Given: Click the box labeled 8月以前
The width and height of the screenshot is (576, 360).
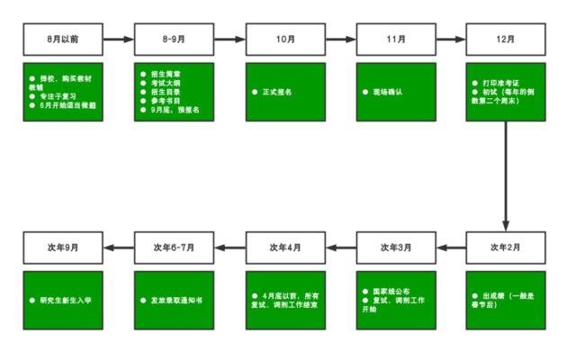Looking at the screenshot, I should pyautogui.click(x=63, y=40).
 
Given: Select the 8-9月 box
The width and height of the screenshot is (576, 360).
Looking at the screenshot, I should pyautogui.click(x=175, y=40).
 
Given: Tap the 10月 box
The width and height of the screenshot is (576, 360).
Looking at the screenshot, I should pyautogui.click(x=285, y=40).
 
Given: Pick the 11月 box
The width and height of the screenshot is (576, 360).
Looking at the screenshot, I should pyautogui.click(x=396, y=40).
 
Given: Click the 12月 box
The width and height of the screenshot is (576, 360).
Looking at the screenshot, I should pyautogui.click(x=506, y=40).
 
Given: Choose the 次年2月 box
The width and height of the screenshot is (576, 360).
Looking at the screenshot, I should pyautogui.click(x=506, y=247).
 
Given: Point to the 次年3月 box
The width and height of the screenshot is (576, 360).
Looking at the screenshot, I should pyautogui.click(x=396, y=247).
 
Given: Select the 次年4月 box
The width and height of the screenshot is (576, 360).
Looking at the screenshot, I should pyautogui.click(x=285, y=247).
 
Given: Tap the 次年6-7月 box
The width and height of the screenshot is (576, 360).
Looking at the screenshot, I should pyautogui.click(x=175, y=247).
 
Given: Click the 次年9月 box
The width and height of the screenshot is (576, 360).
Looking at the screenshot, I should pyautogui.click(x=63, y=247).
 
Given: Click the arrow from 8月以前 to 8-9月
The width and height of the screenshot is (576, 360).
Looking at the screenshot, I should pyautogui.click(x=119, y=40).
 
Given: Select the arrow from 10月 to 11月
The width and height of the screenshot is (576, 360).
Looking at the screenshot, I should pyautogui.click(x=341, y=40).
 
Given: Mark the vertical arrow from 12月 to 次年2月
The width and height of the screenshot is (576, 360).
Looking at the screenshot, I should pyautogui.click(x=506, y=175).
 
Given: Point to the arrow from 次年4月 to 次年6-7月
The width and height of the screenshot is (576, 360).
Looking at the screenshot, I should pyautogui.click(x=230, y=247).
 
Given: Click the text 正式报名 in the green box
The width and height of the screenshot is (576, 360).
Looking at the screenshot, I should pyautogui.click(x=277, y=92).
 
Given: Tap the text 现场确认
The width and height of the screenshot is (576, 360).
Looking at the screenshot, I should pyautogui.click(x=388, y=92).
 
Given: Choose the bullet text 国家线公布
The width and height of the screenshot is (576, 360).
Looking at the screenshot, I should pyautogui.click(x=391, y=292).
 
